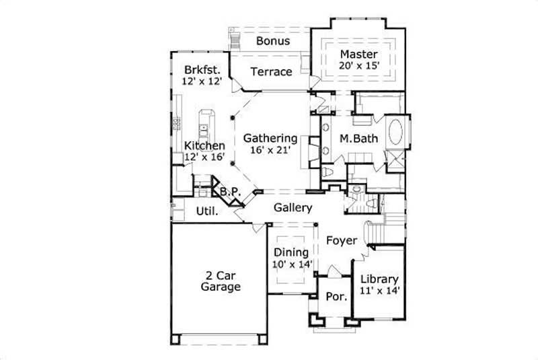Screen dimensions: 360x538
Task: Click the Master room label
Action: tap(358, 54)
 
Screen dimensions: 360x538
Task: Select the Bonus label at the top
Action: tap(272, 41)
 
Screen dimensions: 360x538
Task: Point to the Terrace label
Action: tap(271, 71)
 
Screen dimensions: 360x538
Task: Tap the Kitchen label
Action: tap(204, 145)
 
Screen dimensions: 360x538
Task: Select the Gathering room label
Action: tap(270, 138)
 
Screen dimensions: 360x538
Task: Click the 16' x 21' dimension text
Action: tap(270, 150)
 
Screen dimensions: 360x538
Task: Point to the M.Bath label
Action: tap(358, 139)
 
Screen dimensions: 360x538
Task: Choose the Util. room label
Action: tap(206, 211)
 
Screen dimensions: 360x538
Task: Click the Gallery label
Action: tap(293, 208)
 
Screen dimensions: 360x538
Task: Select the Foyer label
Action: tap(342, 240)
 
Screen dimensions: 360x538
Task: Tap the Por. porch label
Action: tap(335, 297)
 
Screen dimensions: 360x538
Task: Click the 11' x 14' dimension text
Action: tap(380, 291)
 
